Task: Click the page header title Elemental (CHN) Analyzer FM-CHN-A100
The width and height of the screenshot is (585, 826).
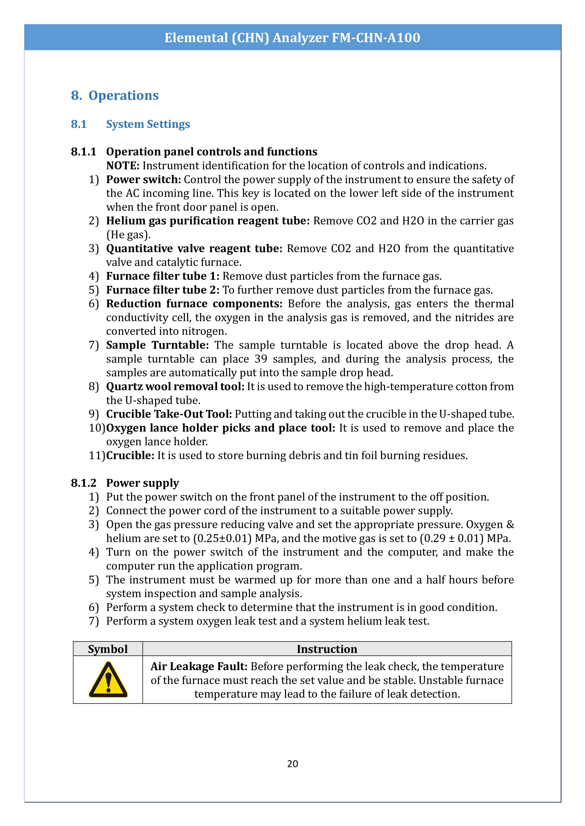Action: [292, 38]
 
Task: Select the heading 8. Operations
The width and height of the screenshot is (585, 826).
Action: [115, 95]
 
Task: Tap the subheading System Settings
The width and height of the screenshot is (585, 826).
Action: [148, 124]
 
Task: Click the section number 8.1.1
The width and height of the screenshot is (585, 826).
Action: [83, 152]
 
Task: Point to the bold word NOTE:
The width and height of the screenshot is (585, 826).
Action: [122, 166]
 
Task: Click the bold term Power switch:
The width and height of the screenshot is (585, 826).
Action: [143, 179]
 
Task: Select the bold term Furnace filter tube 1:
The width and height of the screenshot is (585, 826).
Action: [162, 276]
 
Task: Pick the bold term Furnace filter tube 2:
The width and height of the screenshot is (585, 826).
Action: [162, 290]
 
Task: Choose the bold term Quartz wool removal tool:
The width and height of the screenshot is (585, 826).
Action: [175, 387]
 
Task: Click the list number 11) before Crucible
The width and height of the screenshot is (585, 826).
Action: [96, 455]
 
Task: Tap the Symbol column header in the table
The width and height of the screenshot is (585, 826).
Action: [108, 649]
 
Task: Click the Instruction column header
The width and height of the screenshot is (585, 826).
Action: [327, 649]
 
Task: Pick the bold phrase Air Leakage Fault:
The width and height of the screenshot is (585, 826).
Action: [199, 667]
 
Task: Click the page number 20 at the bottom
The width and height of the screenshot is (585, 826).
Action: [292, 764]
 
